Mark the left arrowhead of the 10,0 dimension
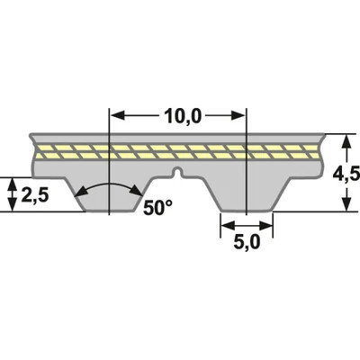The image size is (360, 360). click(x=115, y=115)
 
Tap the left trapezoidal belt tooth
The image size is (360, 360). click(x=108, y=193)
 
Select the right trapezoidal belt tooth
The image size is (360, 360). click(x=245, y=193)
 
